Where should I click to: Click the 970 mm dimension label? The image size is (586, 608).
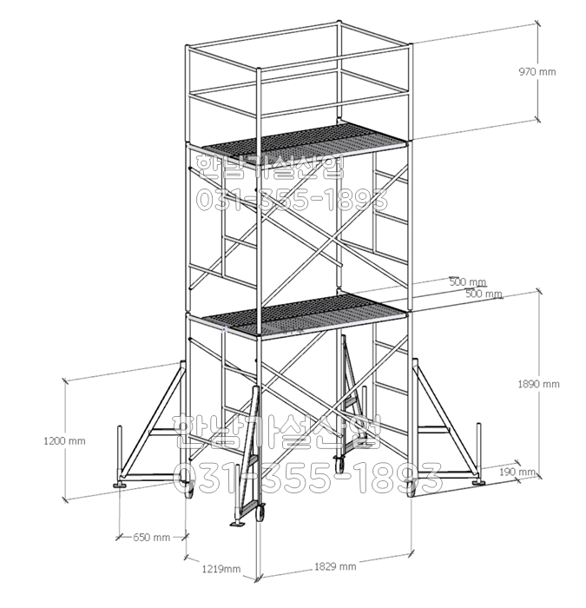point(537,72)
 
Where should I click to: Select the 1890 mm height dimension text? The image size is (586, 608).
point(538,384)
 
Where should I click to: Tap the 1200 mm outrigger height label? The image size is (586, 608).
point(64,441)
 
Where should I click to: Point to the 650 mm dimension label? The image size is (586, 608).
point(151,538)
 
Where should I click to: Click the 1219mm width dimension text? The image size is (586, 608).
point(221,569)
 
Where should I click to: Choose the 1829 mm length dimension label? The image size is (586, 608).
point(335,566)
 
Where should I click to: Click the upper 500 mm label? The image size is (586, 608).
point(468,282)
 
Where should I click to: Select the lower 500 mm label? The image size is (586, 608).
point(484,294)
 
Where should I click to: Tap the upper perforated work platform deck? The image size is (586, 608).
point(304,145)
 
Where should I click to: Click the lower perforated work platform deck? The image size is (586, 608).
point(304,314)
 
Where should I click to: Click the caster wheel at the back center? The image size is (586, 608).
point(340,463)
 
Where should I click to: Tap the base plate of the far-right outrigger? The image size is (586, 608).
point(479,482)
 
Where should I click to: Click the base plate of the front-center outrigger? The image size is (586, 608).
point(237,525)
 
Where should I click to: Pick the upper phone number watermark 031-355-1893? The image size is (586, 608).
point(292,201)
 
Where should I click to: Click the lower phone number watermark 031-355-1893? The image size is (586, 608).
point(308,477)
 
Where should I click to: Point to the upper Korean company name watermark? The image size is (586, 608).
point(271,167)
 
